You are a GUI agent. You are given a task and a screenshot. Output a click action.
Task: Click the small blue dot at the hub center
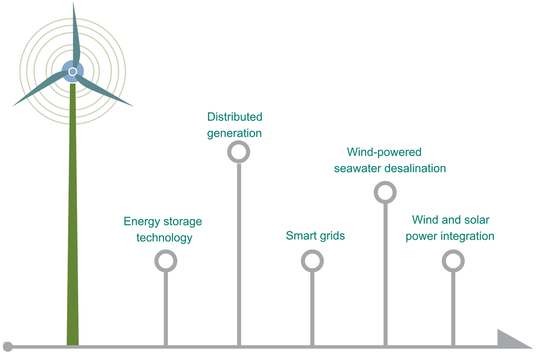tap(72, 72)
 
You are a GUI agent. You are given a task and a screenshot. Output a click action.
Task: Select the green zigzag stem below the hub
tap(72, 105)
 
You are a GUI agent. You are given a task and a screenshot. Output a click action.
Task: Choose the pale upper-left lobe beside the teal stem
tap(33, 38)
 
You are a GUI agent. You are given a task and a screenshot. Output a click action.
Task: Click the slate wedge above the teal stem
tap(75, 6)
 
